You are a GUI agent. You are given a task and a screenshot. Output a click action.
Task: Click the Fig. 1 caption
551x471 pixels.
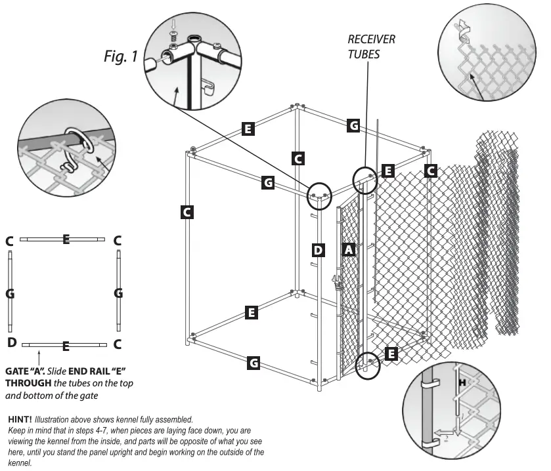point(121,57)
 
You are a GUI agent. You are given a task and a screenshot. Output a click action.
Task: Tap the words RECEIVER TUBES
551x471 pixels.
point(371,47)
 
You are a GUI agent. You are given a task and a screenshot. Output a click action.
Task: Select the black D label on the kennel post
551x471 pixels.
point(318,250)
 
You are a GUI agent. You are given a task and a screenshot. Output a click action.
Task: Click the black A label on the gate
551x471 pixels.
point(349,250)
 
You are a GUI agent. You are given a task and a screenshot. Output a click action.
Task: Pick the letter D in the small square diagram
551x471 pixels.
point(11,342)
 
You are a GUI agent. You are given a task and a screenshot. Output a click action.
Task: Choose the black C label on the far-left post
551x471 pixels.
point(187,212)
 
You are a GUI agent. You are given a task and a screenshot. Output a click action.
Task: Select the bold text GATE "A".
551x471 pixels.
point(25,371)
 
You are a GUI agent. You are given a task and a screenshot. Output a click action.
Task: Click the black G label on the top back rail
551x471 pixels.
point(353,125)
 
